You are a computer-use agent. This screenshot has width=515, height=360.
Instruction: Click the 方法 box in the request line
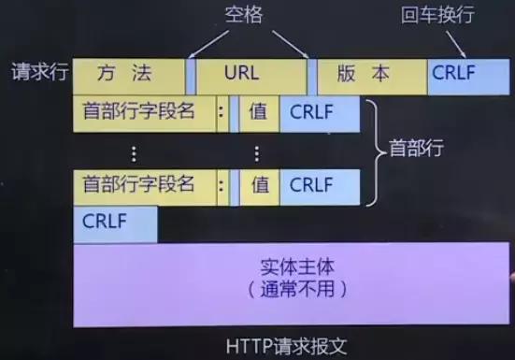pyautogui.click(x=129, y=76)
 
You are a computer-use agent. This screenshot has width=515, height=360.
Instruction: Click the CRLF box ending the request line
pyautogui.click(x=467, y=76)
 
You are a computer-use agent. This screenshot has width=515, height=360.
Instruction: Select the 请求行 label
pyautogui.click(x=39, y=73)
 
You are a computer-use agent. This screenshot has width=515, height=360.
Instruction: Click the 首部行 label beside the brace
pyautogui.click(x=416, y=149)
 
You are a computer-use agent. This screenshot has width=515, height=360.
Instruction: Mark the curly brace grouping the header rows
pyautogui.click(x=371, y=149)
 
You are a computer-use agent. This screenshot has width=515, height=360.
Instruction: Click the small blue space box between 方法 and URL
pyautogui.click(x=192, y=76)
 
